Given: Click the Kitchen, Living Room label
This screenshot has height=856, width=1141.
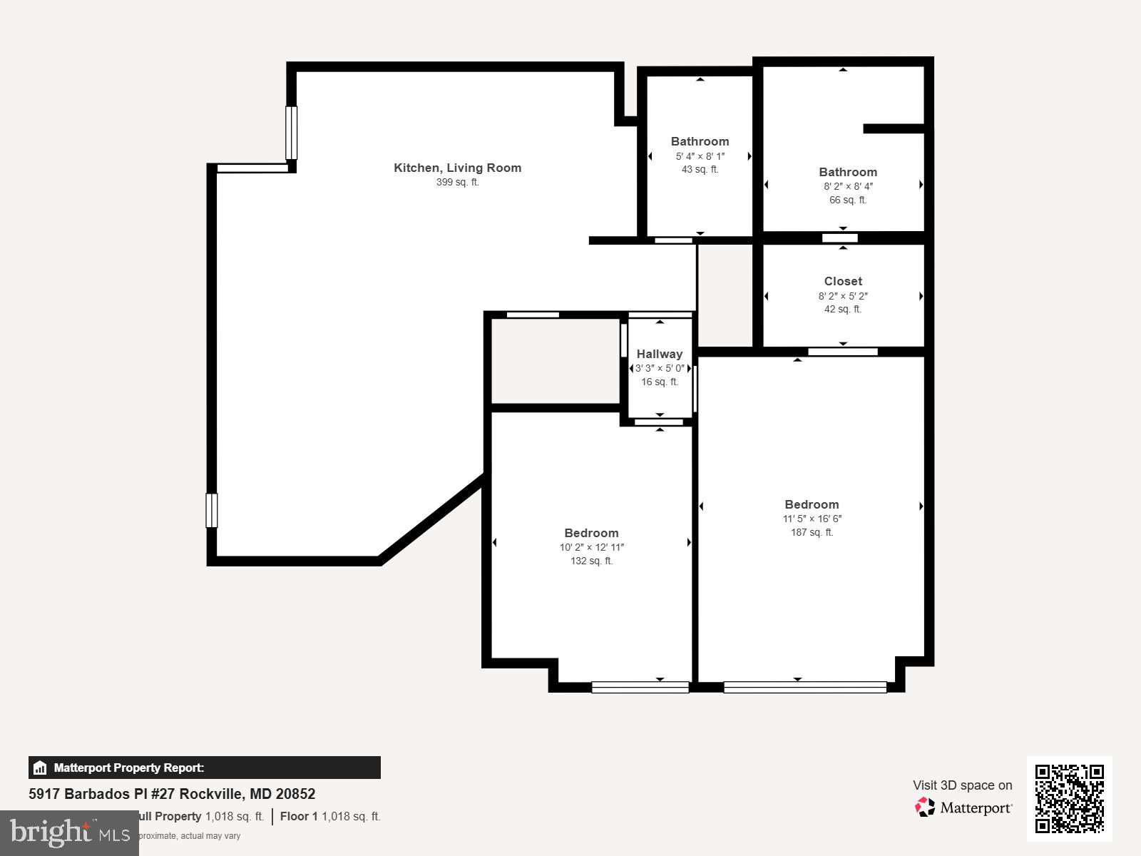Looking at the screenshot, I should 457,168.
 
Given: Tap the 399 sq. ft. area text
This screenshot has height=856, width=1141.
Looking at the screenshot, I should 457,183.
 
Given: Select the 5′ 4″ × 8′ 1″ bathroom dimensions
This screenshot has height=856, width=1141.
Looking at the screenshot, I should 700,156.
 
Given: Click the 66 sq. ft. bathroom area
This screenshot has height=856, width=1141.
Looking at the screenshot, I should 847,200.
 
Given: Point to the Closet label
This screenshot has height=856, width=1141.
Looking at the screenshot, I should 843,281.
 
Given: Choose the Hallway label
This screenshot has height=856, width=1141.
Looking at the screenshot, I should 659,354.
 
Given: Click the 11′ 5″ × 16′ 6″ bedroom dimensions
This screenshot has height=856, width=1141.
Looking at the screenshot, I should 812,519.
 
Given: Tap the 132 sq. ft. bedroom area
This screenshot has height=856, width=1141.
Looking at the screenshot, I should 591,561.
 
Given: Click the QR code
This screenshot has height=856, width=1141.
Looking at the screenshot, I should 1069,798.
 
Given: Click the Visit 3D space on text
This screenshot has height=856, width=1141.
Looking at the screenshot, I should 962,785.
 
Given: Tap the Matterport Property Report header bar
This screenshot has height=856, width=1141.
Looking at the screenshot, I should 204,768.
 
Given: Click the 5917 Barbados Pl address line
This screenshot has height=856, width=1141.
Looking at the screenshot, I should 172,794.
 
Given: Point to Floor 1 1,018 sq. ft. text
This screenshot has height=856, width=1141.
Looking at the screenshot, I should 330,816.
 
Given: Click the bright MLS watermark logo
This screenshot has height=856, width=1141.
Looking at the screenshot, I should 69,832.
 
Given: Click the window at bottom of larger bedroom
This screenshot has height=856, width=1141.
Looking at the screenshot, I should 804,688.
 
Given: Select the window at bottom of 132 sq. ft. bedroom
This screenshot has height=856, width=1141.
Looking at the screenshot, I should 640,688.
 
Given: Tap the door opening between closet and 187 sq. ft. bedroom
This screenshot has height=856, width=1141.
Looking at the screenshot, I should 842,352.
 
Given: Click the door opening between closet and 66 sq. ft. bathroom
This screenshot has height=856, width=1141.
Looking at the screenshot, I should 839,238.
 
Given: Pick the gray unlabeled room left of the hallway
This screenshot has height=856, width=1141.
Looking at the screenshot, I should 555,361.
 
